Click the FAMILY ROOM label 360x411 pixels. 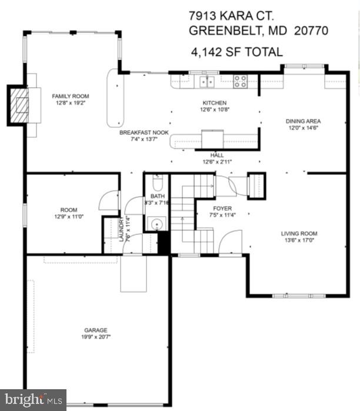coord(70,96)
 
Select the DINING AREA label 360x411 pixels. coord(303,121)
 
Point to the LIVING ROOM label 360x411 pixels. coord(299,233)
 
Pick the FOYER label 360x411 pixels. coord(222,208)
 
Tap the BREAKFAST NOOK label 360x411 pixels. coord(144,133)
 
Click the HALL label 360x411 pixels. coord(216,155)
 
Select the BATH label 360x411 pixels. coord(157,196)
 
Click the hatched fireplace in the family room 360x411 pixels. coord(21,105)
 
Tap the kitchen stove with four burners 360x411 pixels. coord(240,81)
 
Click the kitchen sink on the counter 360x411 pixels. coord(206,81)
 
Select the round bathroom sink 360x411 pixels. coord(156,223)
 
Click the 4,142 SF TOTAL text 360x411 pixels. coord(236,52)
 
